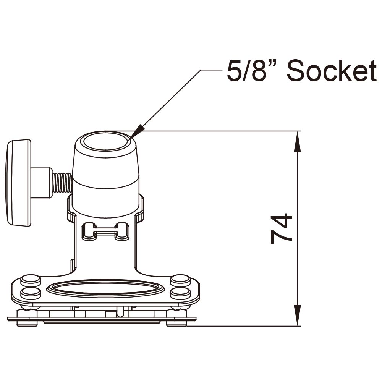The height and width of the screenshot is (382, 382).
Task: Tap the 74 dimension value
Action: tap(282, 229)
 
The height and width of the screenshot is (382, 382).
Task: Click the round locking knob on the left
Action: tap(18, 183)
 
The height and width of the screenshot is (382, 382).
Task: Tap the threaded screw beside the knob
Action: tap(62, 183)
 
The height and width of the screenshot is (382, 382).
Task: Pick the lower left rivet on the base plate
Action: tap(31, 293)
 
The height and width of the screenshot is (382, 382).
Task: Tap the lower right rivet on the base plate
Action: tap(180, 293)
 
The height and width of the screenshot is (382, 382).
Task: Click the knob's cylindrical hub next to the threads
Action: tap(41, 183)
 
